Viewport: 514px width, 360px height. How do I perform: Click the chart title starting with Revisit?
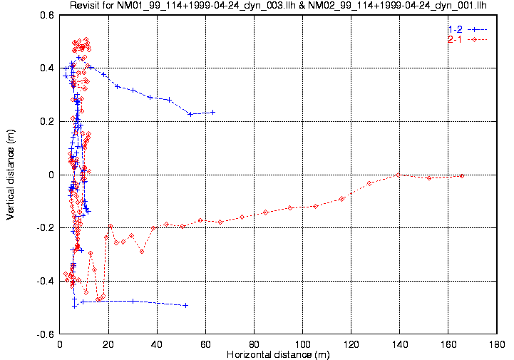(x=278, y=6)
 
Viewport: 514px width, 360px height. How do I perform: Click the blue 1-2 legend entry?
(x=455, y=29)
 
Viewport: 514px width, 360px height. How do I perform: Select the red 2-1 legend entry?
(x=455, y=39)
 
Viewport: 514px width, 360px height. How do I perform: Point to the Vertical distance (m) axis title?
(x=11, y=174)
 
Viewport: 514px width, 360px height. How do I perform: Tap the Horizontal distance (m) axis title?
(x=277, y=354)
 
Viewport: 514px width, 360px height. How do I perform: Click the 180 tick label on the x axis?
(x=497, y=344)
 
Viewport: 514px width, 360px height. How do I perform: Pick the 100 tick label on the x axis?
(x=303, y=344)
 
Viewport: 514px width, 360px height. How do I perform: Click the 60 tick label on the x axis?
(x=206, y=344)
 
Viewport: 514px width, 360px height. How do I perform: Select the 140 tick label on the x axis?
(x=400, y=344)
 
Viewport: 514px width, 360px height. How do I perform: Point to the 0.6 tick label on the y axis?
(x=46, y=15)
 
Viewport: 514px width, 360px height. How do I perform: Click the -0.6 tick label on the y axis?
(x=45, y=334)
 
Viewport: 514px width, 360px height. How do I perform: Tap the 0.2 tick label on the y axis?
(x=46, y=121)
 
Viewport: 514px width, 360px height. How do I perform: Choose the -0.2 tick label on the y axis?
(x=45, y=228)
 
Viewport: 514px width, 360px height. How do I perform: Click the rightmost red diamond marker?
(x=462, y=175)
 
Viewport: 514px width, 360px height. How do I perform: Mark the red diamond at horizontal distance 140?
(x=398, y=175)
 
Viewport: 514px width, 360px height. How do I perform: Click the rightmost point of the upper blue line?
(x=212, y=112)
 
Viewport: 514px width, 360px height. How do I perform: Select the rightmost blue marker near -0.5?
(x=186, y=305)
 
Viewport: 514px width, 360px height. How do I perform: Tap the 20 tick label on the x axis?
(x=109, y=344)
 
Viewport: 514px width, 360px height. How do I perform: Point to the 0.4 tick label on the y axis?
(x=46, y=68)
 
